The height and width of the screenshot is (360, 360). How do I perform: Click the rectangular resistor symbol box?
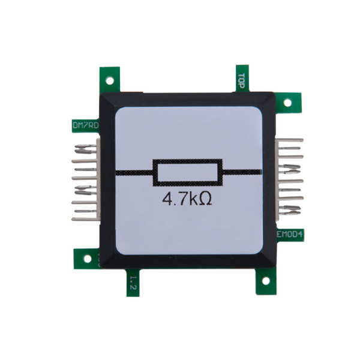click(x=188, y=172)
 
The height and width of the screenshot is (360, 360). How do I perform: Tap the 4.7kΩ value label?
click(x=187, y=199)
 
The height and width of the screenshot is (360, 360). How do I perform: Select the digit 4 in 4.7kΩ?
click(x=167, y=199)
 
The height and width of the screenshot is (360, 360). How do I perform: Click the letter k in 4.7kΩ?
click(x=193, y=199)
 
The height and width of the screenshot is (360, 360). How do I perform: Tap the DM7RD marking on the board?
click(x=85, y=126)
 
